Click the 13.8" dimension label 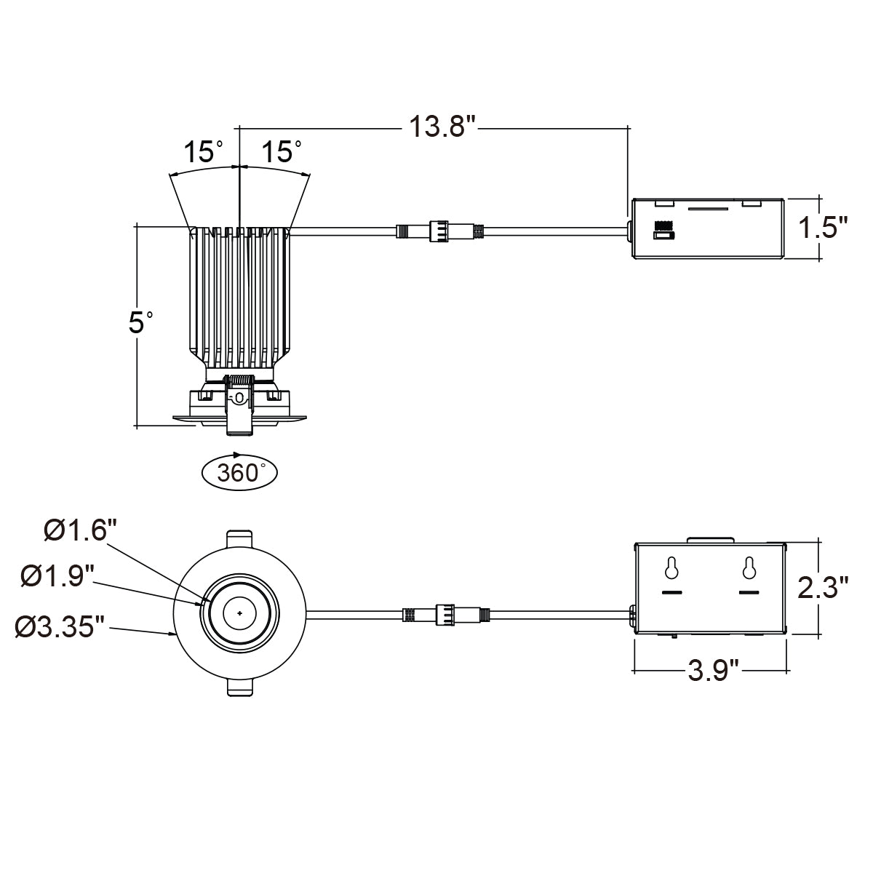(x=442, y=127)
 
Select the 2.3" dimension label (x=822, y=587)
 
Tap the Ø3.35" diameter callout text (x=60, y=626)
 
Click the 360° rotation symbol (x=239, y=472)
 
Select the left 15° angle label (x=203, y=151)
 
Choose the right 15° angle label (x=282, y=151)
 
